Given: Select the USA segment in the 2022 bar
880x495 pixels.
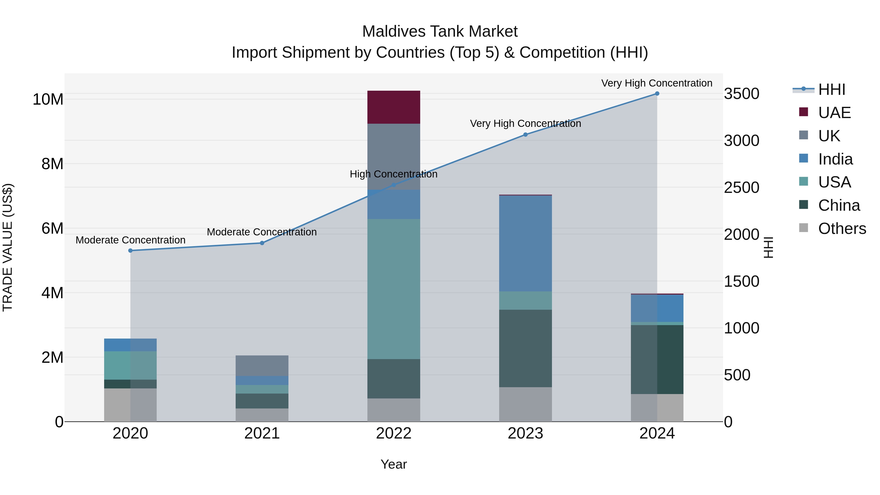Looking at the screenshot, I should pyautogui.click(x=394, y=289).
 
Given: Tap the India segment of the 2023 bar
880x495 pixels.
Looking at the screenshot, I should pyautogui.click(x=525, y=243).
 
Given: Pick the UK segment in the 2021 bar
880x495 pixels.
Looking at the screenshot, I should pyautogui.click(x=262, y=365).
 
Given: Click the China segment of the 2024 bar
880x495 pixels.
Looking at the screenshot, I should pyautogui.click(x=657, y=359).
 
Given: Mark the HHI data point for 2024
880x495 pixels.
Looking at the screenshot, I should pyautogui.click(x=657, y=94).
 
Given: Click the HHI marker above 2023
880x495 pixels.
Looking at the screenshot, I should pyautogui.click(x=525, y=135).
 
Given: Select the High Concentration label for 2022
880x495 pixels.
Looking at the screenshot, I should pyautogui.click(x=394, y=174).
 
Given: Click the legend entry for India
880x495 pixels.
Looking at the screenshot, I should pyautogui.click(x=835, y=159).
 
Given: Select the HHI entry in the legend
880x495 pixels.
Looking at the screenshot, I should pyautogui.click(x=832, y=89).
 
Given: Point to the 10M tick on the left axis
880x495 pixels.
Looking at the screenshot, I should pyautogui.click(x=48, y=99).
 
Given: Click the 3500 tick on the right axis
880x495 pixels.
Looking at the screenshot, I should pyautogui.click(x=742, y=94).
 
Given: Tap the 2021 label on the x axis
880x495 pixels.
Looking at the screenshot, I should pyautogui.click(x=262, y=433).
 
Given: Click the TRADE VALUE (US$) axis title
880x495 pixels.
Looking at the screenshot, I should pyautogui.click(x=8, y=247).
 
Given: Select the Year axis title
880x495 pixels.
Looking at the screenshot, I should pyautogui.click(x=394, y=464).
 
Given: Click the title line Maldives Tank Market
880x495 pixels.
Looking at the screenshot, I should pyautogui.click(x=440, y=32).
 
